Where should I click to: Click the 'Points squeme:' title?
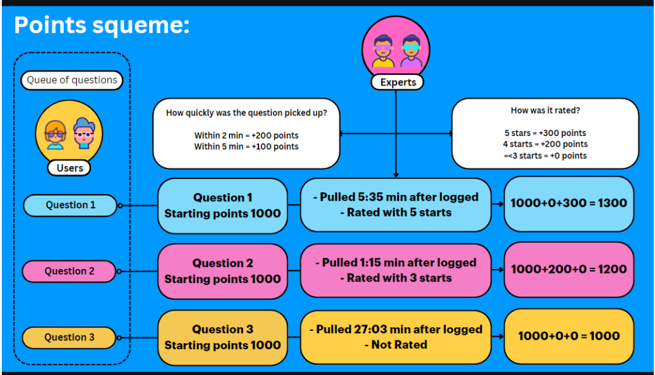pos(102,26)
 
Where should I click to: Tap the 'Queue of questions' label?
pos(72,80)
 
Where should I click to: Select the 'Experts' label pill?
pos(398,82)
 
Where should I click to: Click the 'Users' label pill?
pos(69,167)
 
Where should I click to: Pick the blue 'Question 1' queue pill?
pos(70,205)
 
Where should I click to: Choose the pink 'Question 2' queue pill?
pos(69,271)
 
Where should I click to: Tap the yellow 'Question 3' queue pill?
pos(69,337)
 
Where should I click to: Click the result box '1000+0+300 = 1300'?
pos(569,204)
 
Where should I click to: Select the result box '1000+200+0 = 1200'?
pos(569,270)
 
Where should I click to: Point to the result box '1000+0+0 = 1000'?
pos(569,336)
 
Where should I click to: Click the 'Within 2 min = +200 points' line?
pos(246,135)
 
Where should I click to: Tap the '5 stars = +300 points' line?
pos(545,133)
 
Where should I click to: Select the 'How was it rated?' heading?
pos(545,111)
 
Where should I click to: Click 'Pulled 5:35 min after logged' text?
pos(396,197)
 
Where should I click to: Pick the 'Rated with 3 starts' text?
pos(396,279)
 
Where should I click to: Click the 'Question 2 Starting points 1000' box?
pos(223,272)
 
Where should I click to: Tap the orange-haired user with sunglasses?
pos(56,135)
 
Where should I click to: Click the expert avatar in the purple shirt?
pos(411,51)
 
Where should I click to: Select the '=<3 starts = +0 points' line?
pos(545,156)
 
